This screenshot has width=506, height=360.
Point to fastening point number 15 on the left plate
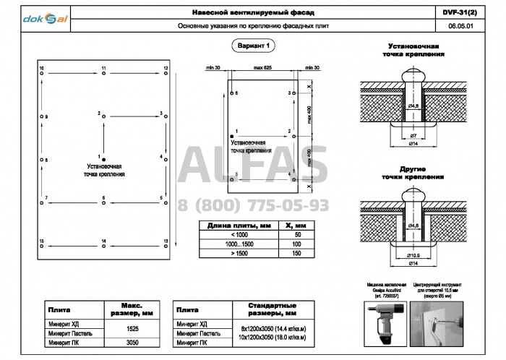[x=42, y=244]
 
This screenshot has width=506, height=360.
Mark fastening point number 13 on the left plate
[x=166, y=244]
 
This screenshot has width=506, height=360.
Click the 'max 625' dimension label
[x=262, y=67]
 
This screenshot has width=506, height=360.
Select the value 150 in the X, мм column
[x=296, y=253]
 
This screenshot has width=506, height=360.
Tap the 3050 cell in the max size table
[x=132, y=343]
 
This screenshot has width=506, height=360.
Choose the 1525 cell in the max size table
[x=132, y=329]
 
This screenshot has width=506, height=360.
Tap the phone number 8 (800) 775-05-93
[x=253, y=205]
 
